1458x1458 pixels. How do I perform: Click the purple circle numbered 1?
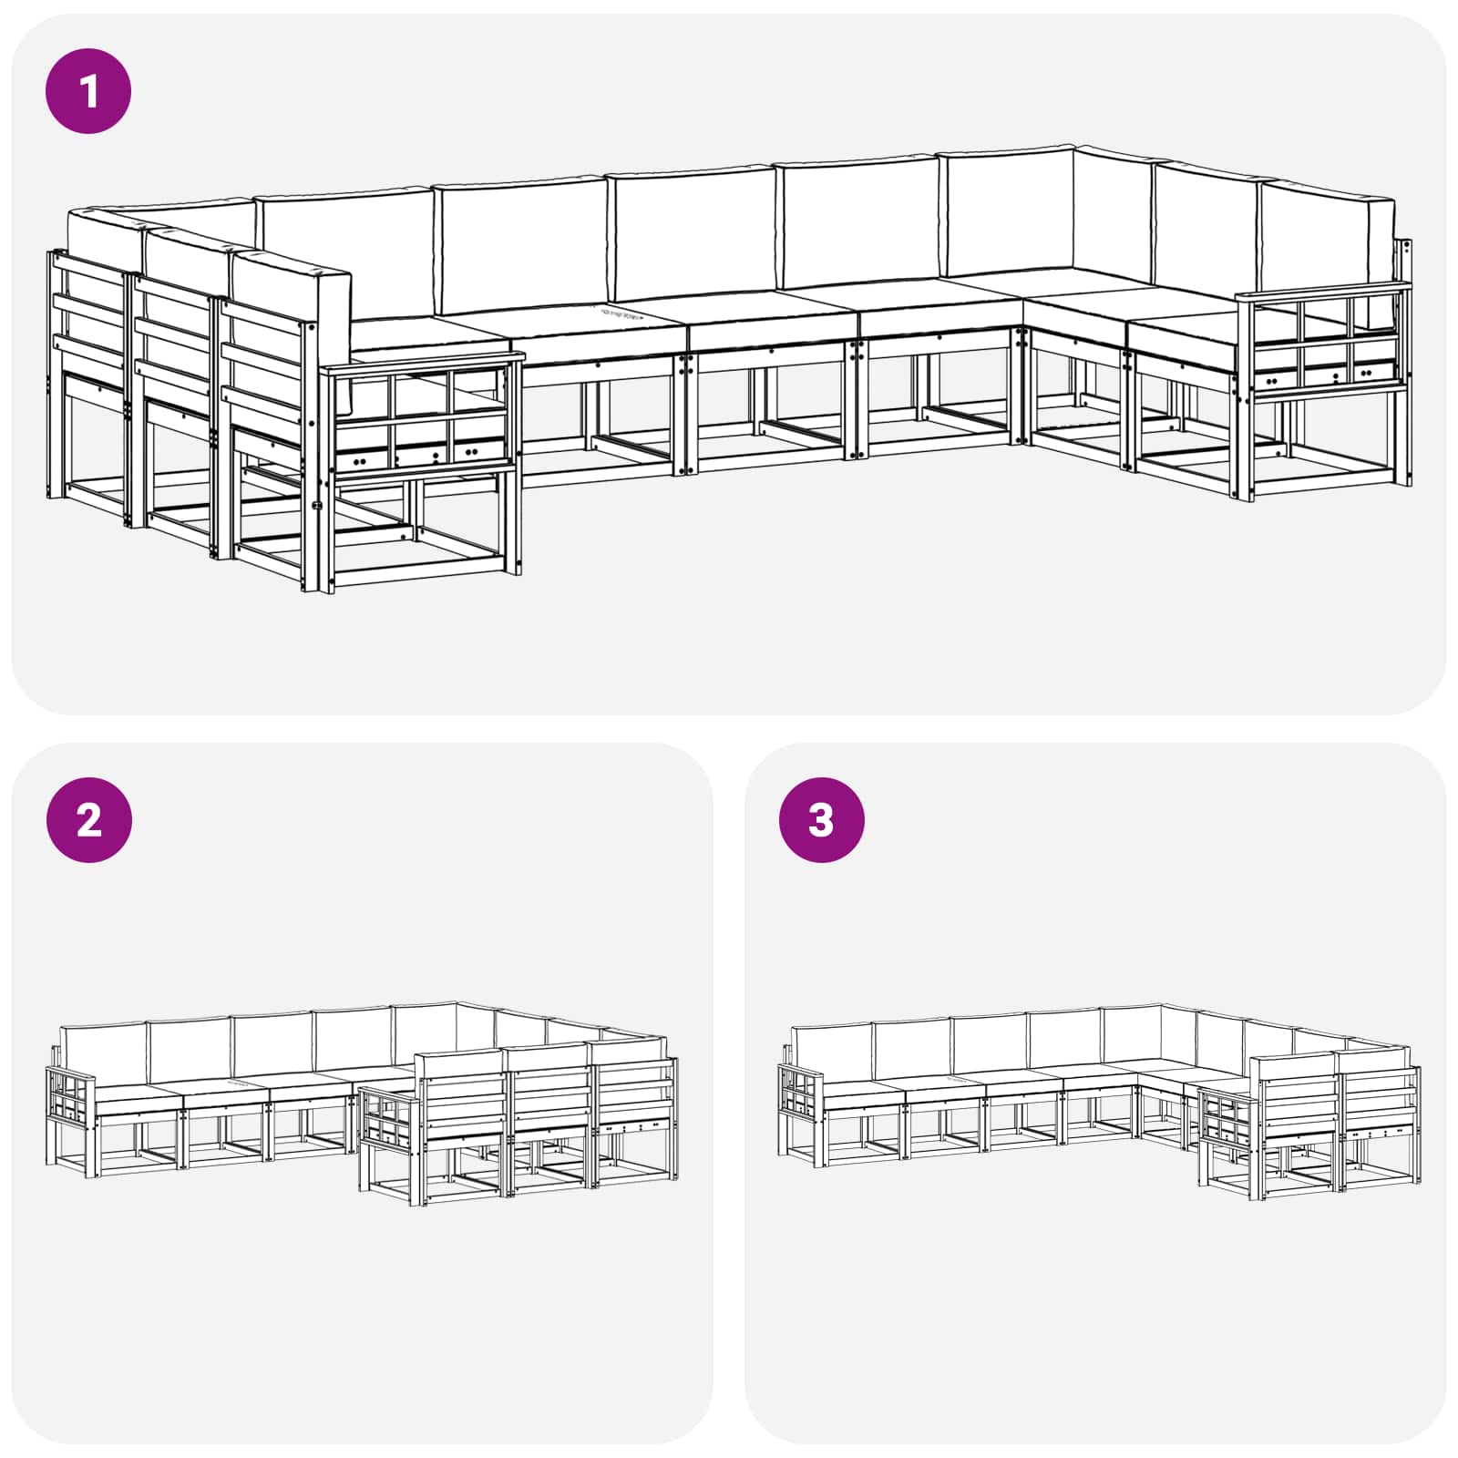tap(88, 91)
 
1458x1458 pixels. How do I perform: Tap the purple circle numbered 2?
tap(88, 820)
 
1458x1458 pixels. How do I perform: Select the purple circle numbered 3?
tap(822, 820)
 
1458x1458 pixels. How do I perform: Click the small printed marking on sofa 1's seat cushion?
tap(629, 313)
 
